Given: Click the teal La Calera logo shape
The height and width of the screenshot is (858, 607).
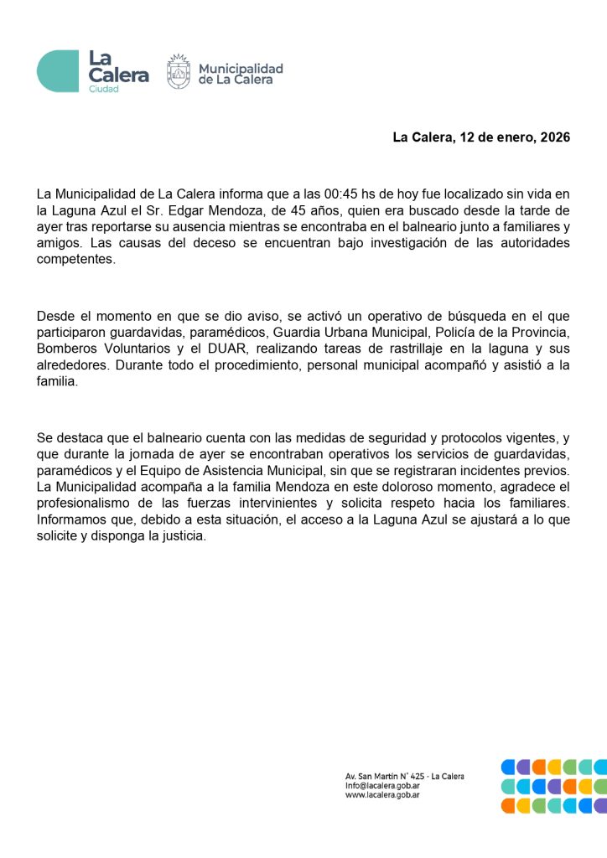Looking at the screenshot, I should tap(57, 71).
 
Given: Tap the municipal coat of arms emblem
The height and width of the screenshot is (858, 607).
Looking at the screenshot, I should tap(179, 72).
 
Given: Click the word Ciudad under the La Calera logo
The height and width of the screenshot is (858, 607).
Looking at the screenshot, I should tap(104, 89).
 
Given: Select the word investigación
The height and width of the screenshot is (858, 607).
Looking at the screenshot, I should tap(411, 243).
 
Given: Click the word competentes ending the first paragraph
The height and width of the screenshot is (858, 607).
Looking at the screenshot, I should tap(75, 259).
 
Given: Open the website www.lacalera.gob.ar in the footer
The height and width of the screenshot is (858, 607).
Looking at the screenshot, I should tap(382, 795).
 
